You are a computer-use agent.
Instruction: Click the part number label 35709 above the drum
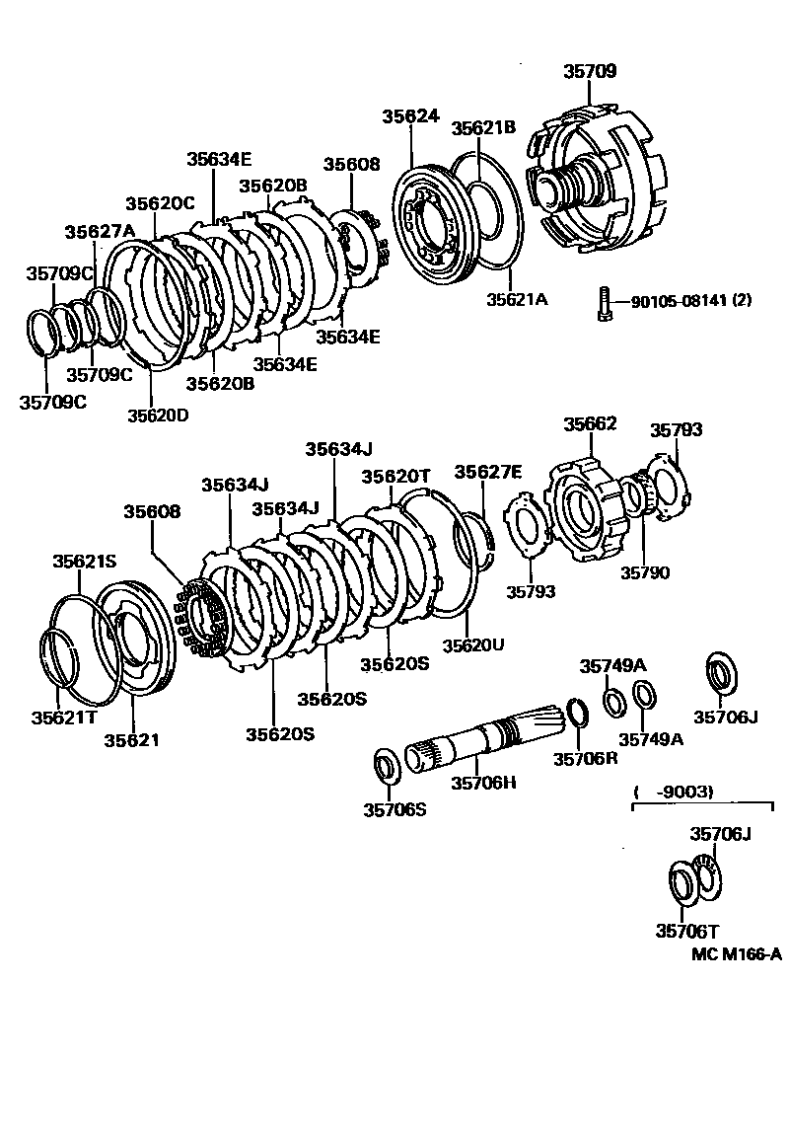pos(590,71)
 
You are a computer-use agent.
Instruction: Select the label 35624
pos(410,115)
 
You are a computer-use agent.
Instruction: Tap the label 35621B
pos(483,127)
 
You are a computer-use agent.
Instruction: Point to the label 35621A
pos(515,298)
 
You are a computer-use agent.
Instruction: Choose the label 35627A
pos(100,232)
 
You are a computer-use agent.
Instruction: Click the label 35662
pos(590,423)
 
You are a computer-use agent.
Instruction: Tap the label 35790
pos(645,571)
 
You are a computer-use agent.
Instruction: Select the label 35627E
pos(487,472)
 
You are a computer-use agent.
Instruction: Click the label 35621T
pos(63,717)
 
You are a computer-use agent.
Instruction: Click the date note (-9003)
pos(673,791)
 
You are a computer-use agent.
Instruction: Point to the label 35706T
pos(687,930)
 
